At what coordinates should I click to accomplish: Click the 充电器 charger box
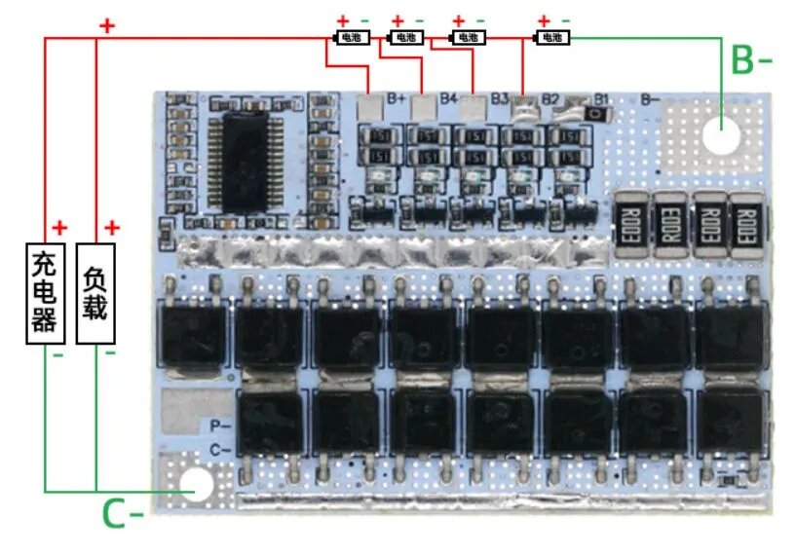pyautogui.click(x=45, y=292)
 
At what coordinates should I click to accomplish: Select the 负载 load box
pyautogui.click(x=95, y=292)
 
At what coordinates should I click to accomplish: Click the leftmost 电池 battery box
pyautogui.click(x=349, y=37)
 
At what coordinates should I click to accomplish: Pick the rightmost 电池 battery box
pyautogui.click(x=552, y=37)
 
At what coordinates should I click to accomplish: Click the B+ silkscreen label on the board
pyautogui.click(x=397, y=98)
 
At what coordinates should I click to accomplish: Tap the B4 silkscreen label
pyautogui.click(x=448, y=98)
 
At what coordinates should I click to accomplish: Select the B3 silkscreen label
pyautogui.click(x=500, y=98)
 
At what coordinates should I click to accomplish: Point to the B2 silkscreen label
pyautogui.click(x=550, y=98)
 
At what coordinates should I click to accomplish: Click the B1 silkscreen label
pyautogui.click(x=601, y=98)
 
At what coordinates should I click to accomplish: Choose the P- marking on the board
pyautogui.click(x=220, y=425)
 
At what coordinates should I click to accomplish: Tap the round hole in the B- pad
pyautogui.click(x=720, y=137)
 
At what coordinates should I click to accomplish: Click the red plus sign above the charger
pyautogui.click(x=60, y=228)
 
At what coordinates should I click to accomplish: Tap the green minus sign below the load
pyautogui.click(x=109, y=352)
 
